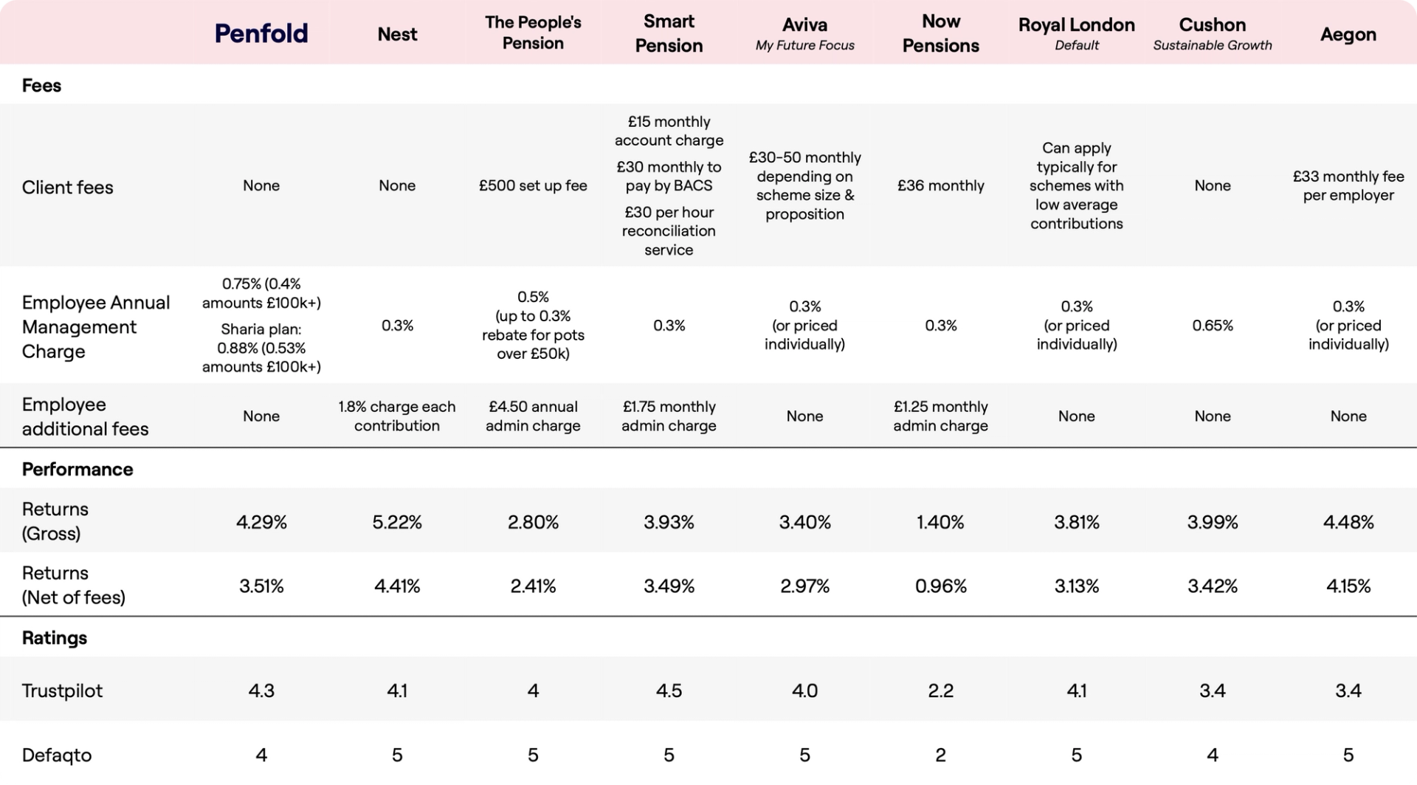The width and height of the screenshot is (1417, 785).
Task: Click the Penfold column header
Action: click(x=261, y=33)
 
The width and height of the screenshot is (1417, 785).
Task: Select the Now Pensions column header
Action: click(x=940, y=33)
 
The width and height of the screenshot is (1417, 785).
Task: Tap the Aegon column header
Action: click(x=1348, y=34)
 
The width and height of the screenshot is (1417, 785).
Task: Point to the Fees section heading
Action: click(x=41, y=85)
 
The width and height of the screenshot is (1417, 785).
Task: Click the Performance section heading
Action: click(x=77, y=469)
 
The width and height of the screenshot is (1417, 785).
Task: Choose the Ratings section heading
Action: click(x=55, y=637)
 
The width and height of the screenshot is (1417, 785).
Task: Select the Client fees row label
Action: click(x=68, y=187)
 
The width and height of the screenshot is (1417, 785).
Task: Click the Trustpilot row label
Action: click(x=62, y=690)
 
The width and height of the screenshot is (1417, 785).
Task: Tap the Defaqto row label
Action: click(x=57, y=755)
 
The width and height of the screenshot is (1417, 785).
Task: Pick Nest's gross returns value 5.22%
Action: click(x=397, y=522)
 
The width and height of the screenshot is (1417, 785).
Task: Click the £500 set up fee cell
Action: click(x=533, y=185)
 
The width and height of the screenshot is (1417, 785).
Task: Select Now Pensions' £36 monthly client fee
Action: click(x=940, y=185)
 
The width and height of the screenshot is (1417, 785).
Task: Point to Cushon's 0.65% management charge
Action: click(x=1212, y=325)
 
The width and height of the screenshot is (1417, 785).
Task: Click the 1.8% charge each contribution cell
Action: click(x=397, y=416)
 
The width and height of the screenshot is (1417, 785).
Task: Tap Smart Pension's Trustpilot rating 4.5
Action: click(x=669, y=690)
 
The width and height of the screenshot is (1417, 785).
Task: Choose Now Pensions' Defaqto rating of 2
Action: click(x=940, y=755)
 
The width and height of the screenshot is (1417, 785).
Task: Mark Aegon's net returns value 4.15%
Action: click(x=1348, y=586)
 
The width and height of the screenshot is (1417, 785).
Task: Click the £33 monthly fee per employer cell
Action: click(x=1348, y=185)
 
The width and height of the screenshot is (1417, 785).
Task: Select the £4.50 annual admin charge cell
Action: click(x=533, y=416)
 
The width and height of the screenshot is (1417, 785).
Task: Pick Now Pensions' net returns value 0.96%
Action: click(x=940, y=586)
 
